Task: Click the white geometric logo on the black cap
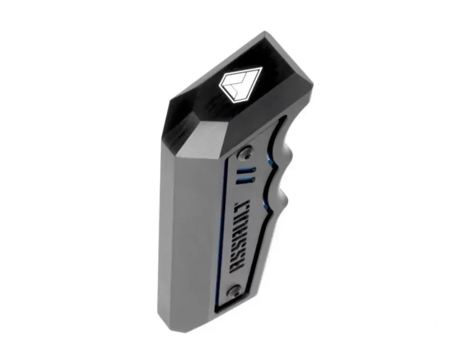pyautogui.click(x=241, y=83)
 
